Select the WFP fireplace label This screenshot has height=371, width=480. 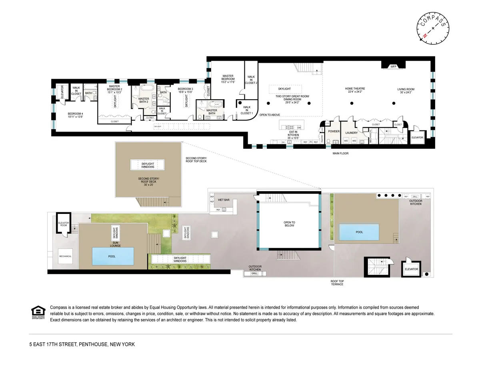pyautogui.click(x=393, y=67)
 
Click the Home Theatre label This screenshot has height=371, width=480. pyautogui.click(x=355, y=90)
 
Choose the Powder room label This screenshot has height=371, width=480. pyautogui.click(x=334, y=132)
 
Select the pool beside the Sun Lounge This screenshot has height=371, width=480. pyautogui.click(x=112, y=256)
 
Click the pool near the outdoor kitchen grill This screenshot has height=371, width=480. pyautogui.click(x=359, y=232)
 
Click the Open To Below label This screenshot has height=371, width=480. pyautogui.click(x=289, y=223)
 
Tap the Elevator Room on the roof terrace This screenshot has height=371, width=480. pyautogui.click(x=64, y=224)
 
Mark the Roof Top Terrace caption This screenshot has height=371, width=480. pyautogui.click(x=337, y=283)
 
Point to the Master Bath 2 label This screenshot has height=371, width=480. pyautogui.click(x=143, y=100)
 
